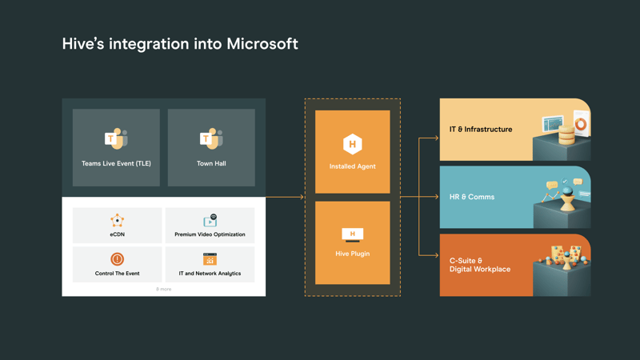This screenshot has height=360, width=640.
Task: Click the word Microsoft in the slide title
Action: (x=262, y=43)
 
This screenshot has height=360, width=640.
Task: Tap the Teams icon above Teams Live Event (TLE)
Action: (x=116, y=139)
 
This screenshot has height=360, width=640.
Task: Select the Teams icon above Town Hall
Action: (x=211, y=139)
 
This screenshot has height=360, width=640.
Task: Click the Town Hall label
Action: (x=211, y=163)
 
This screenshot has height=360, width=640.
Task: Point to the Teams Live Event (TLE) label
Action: (x=116, y=163)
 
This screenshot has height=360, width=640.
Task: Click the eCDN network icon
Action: (x=117, y=220)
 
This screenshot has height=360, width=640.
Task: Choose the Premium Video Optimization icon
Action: (x=210, y=220)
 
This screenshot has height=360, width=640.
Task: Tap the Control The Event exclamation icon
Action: (x=117, y=259)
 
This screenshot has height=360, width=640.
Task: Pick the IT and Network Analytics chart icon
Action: (x=210, y=259)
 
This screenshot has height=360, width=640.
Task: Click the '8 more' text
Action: (x=163, y=289)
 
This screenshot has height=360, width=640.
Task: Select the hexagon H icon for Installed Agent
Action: (x=352, y=144)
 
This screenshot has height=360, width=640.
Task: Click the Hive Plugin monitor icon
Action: (x=352, y=235)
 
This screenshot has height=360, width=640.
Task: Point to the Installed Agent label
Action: (x=352, y=166)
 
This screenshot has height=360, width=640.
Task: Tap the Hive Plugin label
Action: (x=352, y=254)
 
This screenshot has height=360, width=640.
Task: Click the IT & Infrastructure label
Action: (x=481, y=129)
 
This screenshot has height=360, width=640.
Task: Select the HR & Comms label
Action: (x=472, y=197)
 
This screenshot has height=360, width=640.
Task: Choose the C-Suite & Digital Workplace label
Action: (x=480, y=265)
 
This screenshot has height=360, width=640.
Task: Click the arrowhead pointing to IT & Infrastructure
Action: (x=436, y=138)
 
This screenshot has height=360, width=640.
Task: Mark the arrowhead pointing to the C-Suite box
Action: (x=436, y=255)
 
